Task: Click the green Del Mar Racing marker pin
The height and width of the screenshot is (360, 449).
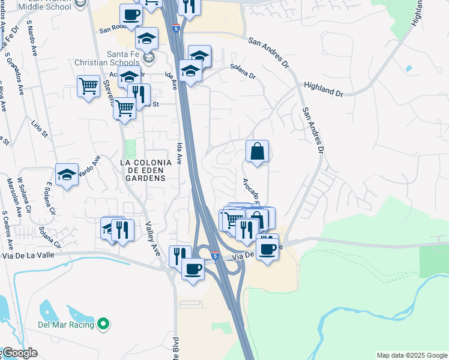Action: (103, 325)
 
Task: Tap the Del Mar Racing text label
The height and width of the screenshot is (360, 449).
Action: (66, 325)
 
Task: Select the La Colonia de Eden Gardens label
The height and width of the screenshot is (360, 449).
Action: (142, 170)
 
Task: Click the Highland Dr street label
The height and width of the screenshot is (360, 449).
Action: (322, 89)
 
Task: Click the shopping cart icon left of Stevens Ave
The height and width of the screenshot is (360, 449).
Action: (88, 86)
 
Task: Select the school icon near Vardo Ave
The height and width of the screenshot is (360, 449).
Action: (67, 174)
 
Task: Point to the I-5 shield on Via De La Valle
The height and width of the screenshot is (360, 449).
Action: (214, 256)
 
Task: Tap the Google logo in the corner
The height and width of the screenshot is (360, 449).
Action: (19, 353)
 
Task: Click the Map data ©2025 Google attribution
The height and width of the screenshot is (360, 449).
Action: (412, 355)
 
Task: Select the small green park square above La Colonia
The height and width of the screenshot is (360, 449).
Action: (130, 148)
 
